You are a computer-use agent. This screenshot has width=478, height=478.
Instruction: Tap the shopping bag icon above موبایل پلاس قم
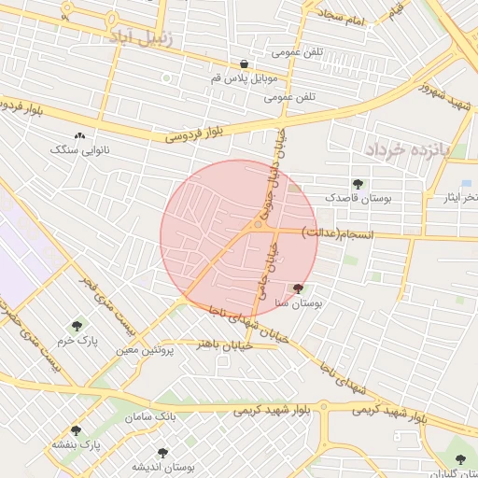244,64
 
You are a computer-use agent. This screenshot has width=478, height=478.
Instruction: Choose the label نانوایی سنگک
79,149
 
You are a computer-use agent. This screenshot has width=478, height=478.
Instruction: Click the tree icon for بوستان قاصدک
357,184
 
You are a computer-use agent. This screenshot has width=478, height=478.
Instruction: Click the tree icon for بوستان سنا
298,289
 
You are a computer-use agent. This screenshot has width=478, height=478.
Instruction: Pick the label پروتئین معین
147,350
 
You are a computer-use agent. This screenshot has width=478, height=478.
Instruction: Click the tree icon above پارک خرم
77,326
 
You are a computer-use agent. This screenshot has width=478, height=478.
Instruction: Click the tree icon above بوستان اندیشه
162,452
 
